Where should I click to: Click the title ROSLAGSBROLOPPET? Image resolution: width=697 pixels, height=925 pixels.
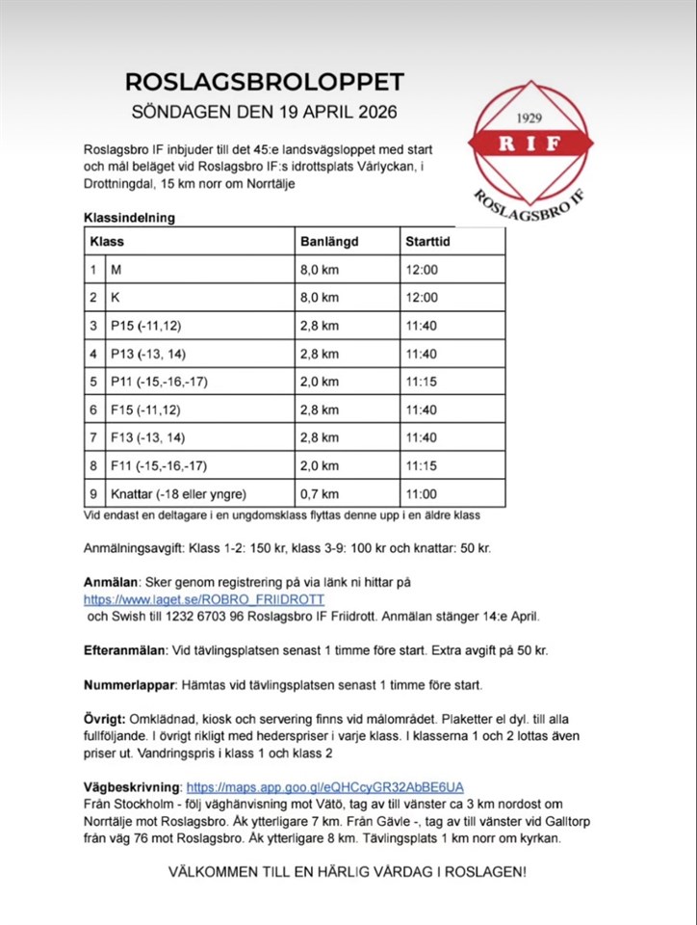click(x=265, y=81)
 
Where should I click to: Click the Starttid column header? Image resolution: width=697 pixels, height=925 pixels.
click(x=427, y=242)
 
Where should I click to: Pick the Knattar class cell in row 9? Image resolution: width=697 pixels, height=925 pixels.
click(x=178, y=493)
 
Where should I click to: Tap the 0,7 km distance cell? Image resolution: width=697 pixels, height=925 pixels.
click(x=319, y=493)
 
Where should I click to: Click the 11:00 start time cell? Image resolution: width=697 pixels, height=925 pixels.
click(x=422, y=493)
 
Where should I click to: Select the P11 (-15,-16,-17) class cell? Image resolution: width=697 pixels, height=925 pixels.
click(x=159, y=382)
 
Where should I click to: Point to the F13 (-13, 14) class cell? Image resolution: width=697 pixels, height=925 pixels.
click(x=146, y=437)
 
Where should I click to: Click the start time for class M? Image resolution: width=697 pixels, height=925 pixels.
click(x=422, y=270)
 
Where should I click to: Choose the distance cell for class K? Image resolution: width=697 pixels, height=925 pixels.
click(x=319, y=298)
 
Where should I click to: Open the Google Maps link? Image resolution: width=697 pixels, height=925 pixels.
click(x=324, y=786)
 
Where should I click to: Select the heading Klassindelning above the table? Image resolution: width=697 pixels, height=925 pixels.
click(x=129, y=218)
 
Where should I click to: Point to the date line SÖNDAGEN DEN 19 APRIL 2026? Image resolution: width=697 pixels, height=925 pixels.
click(x=265, y=111)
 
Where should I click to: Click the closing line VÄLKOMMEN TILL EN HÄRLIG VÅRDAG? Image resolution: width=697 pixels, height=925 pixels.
click(x=348, y=872)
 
